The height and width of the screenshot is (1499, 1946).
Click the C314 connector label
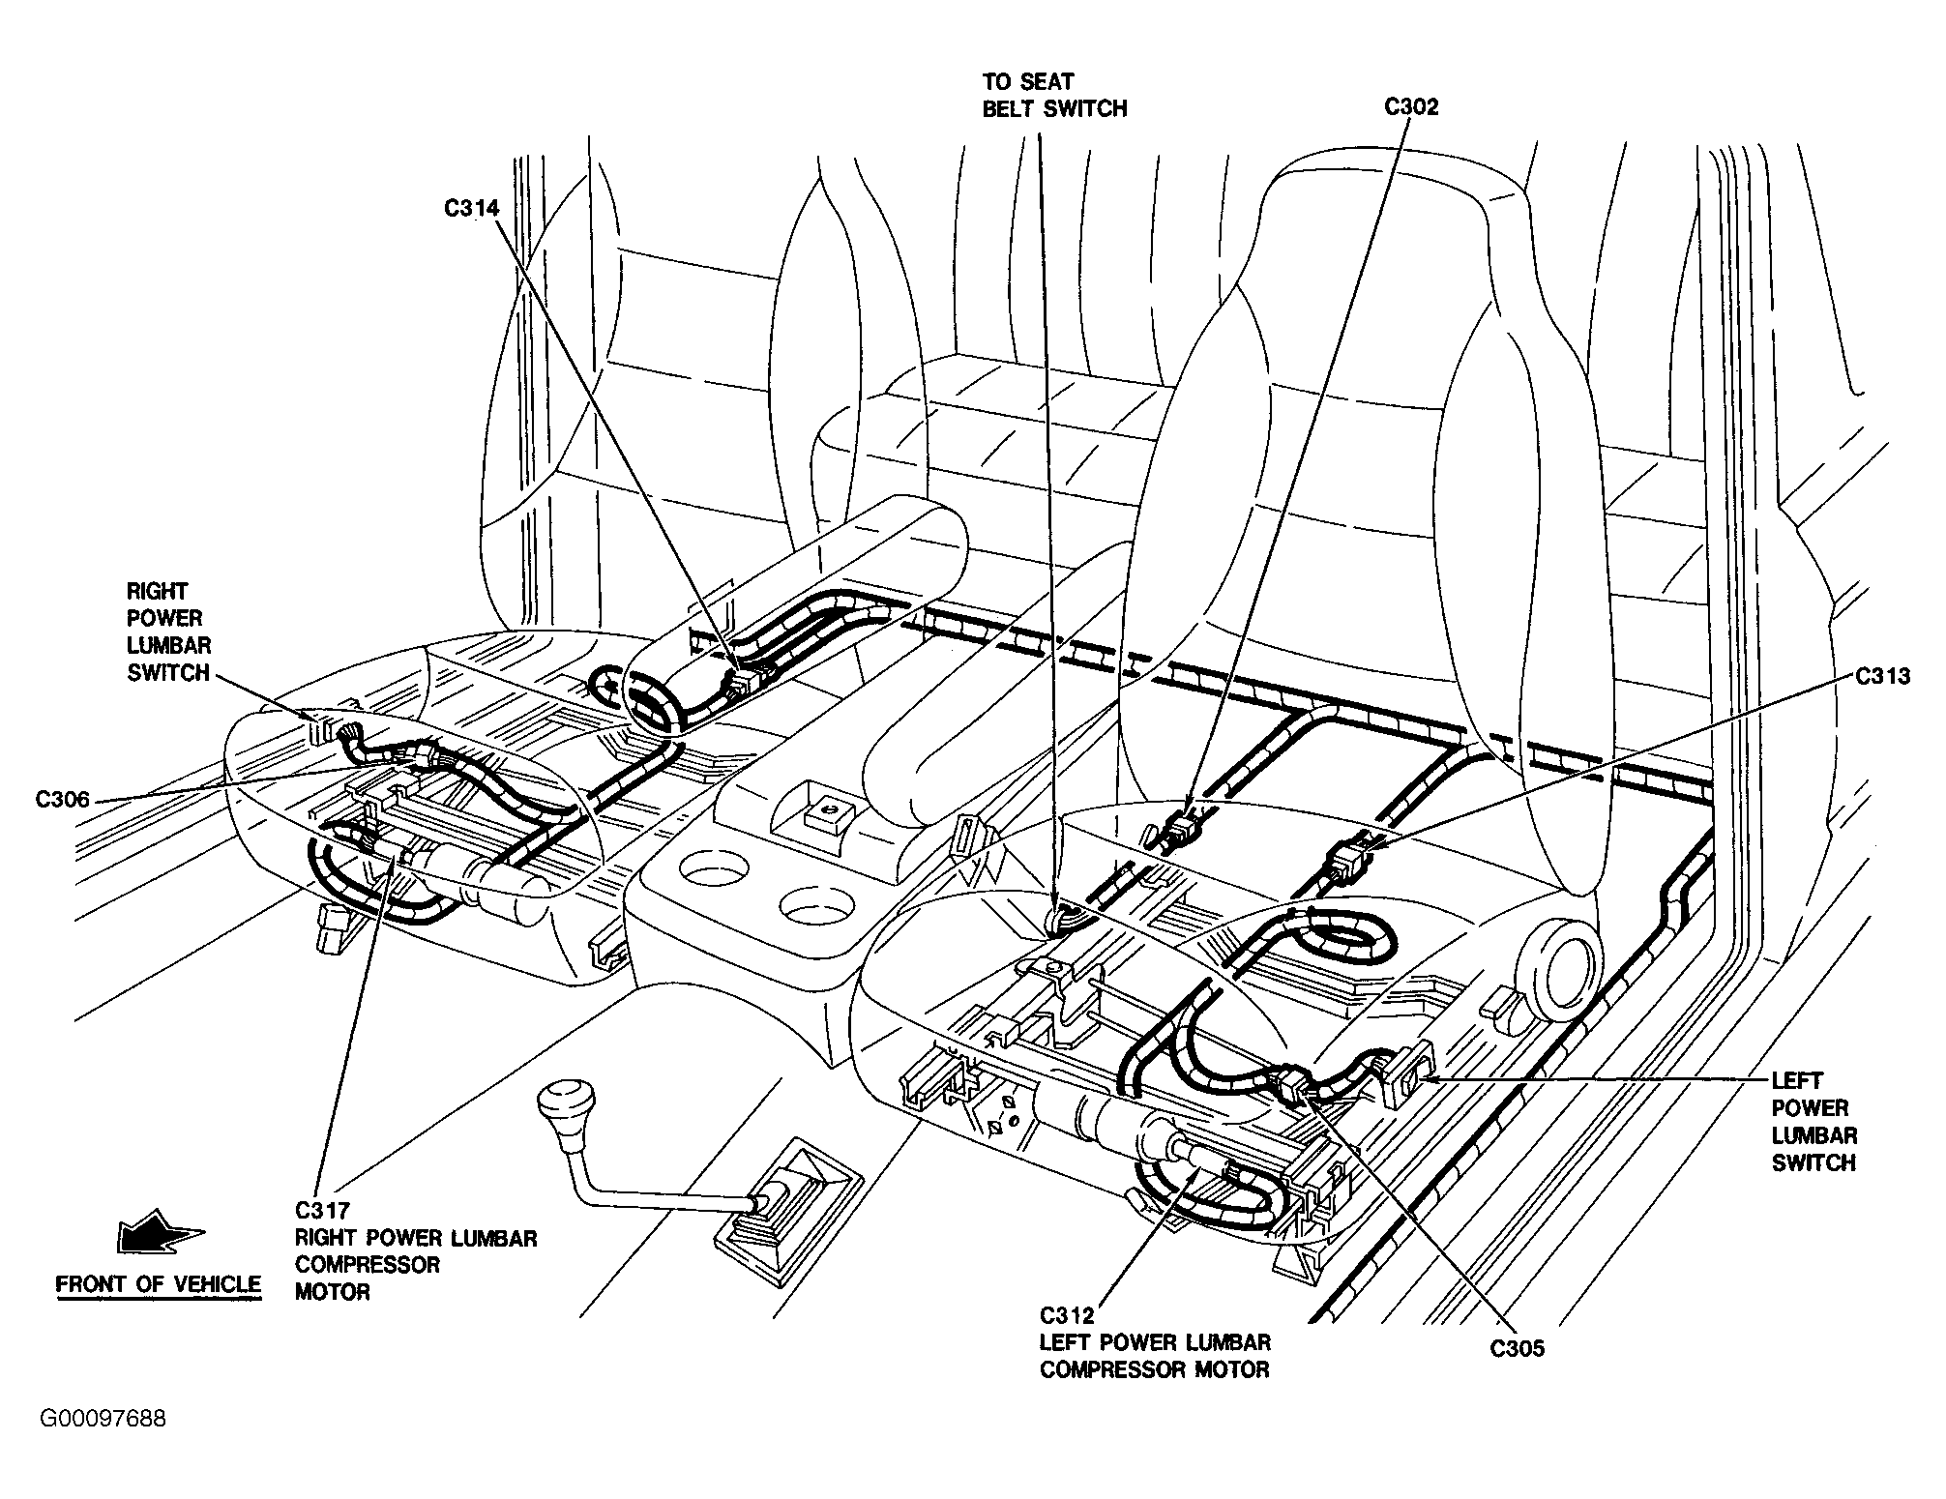pos(471,208)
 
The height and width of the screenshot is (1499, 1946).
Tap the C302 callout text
pos(1411,106)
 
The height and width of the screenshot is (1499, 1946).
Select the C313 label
pos(1883,676)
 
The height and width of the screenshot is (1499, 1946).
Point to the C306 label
pos(63,799)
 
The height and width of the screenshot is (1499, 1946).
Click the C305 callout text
pos(1518,1349)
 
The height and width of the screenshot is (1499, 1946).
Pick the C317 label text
pos(323,1210)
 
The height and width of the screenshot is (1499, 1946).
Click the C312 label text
pos(1068,1315)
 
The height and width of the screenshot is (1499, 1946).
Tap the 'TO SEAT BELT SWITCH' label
pos(1054,95)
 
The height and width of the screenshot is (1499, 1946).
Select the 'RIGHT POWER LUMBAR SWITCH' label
pos(168,632)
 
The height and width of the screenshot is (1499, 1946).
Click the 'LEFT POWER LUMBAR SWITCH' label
pos(1814,1121)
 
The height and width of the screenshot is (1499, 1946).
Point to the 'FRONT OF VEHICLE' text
pos(159,1284)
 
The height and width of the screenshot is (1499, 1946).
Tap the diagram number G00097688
pos(103,1419)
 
